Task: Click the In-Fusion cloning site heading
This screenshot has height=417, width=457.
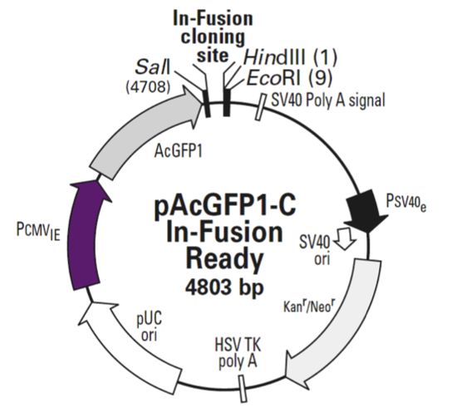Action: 212,35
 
